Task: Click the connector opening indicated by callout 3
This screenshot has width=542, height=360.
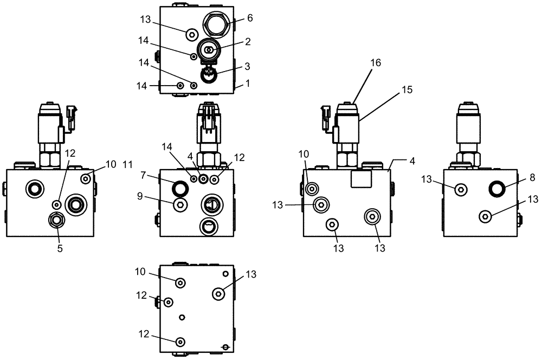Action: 209,75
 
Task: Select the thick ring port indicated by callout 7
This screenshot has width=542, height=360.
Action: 179,188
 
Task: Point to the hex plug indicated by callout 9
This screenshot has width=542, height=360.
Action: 179,203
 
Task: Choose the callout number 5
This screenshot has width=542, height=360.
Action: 60,248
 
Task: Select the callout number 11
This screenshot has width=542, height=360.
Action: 128,164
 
